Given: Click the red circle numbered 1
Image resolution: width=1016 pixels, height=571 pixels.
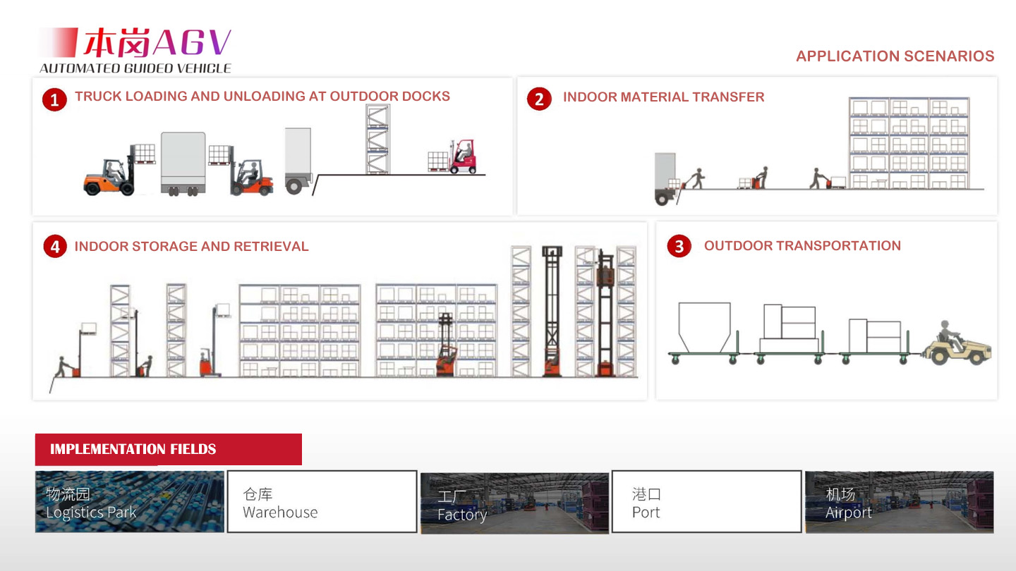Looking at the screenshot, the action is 54,99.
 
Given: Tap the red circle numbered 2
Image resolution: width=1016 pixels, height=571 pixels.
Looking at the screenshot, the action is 539,99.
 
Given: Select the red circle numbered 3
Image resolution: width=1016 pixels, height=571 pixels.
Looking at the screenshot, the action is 679,246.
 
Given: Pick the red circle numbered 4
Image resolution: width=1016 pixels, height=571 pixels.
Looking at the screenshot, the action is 55,247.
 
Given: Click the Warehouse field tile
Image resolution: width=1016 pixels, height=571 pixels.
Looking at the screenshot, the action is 322,502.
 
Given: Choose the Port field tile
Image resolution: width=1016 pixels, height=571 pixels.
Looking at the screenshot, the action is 707,502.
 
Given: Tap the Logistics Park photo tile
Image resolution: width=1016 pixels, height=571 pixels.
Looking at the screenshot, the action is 130,502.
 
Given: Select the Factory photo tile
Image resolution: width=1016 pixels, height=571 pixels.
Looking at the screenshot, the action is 514,503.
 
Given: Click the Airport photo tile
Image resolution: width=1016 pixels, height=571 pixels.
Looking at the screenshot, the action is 900,502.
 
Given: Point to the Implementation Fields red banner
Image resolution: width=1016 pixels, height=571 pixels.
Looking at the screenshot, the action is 168,449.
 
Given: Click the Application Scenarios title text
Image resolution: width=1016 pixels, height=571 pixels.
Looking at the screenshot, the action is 895,56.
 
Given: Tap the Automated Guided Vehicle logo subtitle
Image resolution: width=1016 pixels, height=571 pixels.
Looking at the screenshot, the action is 135,68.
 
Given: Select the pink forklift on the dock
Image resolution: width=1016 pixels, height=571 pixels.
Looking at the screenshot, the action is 462,156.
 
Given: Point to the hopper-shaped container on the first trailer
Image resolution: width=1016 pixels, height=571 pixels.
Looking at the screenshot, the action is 704,327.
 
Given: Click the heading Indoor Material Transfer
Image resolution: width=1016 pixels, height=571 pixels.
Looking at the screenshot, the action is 663,97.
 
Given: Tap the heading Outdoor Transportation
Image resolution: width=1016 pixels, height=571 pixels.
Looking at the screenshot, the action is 802,245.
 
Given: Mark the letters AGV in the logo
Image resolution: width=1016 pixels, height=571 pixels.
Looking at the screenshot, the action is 193,43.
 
